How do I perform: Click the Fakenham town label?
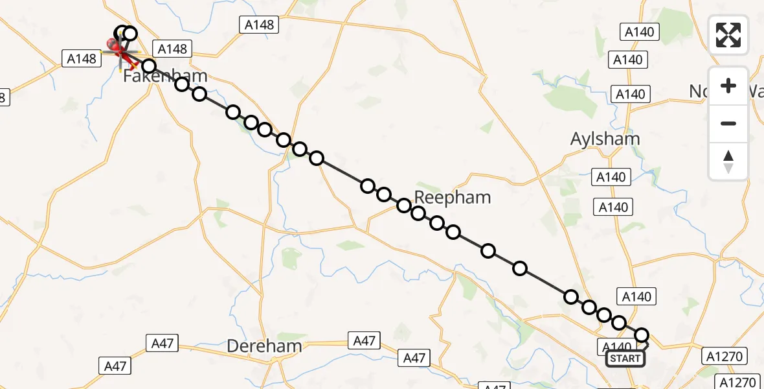click(x=166, y=76)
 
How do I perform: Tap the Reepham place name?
click(x=453, y=197)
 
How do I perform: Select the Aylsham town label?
click(x=605, y=139)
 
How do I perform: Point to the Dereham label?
click(x=264, y=346)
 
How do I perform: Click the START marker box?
click(x=625, y=359)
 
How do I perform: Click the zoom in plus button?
click(x=728, y=86)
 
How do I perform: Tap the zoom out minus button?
click(x=728, y=123)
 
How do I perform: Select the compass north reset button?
click(x=728, y=161)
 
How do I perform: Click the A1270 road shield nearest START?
click(x=725, y=356)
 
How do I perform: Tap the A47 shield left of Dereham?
click(x=162, y=343)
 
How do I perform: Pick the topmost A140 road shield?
click(x=639, y=32)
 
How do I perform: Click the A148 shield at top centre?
click(x=260, y=25)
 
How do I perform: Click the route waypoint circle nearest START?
click(x=642, y=335)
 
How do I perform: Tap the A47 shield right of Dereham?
click(x=365, y=340)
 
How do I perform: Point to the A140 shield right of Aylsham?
click(x=611, y=177)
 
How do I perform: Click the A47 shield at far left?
click(x=115, y=366)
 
